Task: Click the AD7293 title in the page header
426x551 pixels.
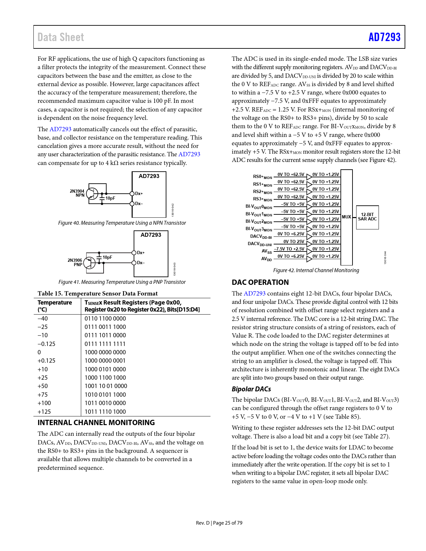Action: click(384, 37)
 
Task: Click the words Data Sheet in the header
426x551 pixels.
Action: click(61, 37)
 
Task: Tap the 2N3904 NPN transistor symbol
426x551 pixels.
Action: click(92, 194)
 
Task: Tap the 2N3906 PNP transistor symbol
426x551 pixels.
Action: click(89, 262)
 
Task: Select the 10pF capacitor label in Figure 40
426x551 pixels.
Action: click(110, 198)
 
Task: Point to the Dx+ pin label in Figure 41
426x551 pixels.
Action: click(141, 253)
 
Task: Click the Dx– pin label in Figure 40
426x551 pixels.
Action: click(139, 204)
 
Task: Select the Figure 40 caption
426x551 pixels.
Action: click(122, 223)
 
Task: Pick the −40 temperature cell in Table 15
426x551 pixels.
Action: click(43, 319)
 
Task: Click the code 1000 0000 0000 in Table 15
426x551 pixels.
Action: click(105, 352)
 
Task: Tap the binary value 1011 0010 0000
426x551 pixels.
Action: click(105, 403)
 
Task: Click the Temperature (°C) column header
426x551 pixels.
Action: click(54, 306)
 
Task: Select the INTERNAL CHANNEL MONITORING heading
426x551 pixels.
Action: click(96, 423)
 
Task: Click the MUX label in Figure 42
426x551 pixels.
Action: click(346, 217)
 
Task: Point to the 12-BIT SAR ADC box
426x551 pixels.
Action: click(367, 217)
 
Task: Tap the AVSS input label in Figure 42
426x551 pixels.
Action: click(267, 251)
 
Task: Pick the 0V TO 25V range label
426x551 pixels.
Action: click(294, 241)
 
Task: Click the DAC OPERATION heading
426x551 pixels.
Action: click(260, 283)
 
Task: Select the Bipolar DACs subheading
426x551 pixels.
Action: click(251, 389)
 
